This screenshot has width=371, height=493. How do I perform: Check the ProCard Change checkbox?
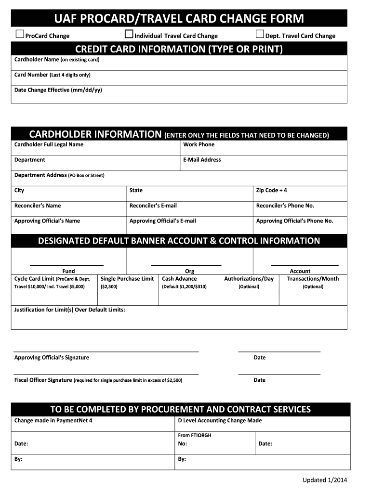tap(20, 34)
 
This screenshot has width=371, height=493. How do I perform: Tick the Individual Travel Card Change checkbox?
tap(129, 34)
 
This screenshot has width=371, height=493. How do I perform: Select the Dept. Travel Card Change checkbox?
tap(260, 34)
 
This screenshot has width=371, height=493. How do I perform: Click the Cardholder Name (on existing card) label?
tap(57, 60)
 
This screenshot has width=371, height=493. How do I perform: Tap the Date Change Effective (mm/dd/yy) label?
tap(58, 90)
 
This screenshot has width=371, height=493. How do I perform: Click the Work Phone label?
tap(199, 144)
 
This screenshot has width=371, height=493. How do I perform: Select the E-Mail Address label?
tap(202, 160)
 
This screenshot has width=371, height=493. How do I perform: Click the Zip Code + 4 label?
tap(271, 190)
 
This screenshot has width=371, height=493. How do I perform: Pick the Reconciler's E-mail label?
tap(153, 206)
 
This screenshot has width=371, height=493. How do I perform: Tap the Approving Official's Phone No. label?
tap(294, 221)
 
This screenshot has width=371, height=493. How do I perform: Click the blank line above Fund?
tap(66, 265)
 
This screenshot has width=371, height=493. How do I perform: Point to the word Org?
tap(189, 272)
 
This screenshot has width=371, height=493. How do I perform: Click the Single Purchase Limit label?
tap(127, 279)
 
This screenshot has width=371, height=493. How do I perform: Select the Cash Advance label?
tap(179, 279)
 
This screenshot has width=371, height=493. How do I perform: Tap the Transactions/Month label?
tap(313, 279)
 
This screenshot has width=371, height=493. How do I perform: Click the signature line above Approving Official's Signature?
tap(106, 351)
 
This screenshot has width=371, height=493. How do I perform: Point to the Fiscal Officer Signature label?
tap(43, 380)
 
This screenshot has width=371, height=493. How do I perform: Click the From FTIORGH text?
tap(195, 435)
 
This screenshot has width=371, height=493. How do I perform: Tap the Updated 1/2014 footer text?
tap(324, 480)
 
